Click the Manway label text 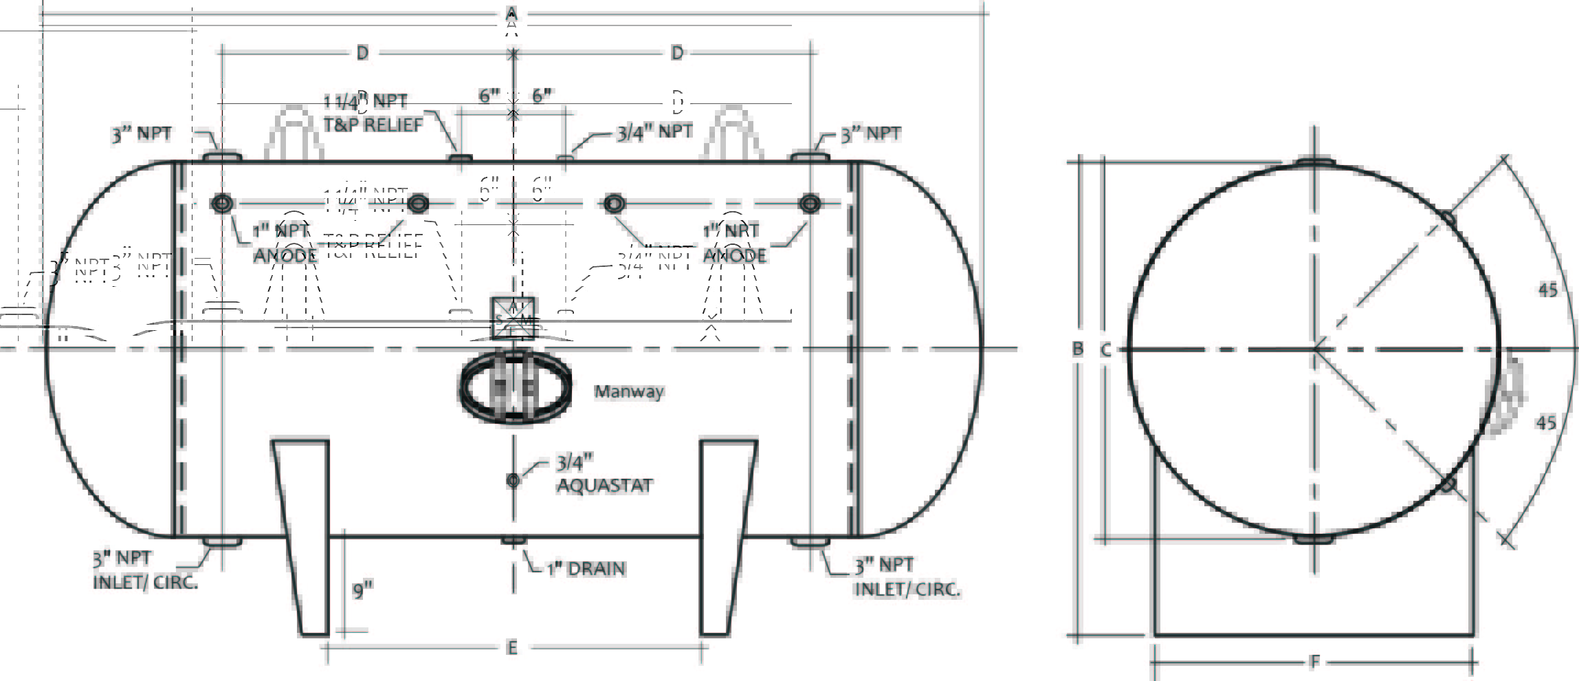(x=629, y=391)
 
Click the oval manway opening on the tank (x=515, y=388)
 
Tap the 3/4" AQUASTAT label (x=604, y=474)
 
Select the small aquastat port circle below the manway (x=513, y=480)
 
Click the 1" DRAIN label (x=586, y=569)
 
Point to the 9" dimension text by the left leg (x=362, y=590)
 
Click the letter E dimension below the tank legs (x=511, y=648)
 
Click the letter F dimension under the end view (x=1314, y=662)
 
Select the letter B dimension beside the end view (x=1078, y=349)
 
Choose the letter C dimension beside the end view (x=1105, y=350)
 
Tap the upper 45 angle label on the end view (x=1547, y=290)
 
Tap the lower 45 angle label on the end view (x=1546, y=422)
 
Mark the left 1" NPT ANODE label (x=283, y=243)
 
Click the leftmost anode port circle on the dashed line (x=222, y=203)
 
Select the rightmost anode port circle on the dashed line (x=810, y=203)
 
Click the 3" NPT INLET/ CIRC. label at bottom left (x=145, y=570)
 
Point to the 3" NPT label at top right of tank (x=871, y=133)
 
